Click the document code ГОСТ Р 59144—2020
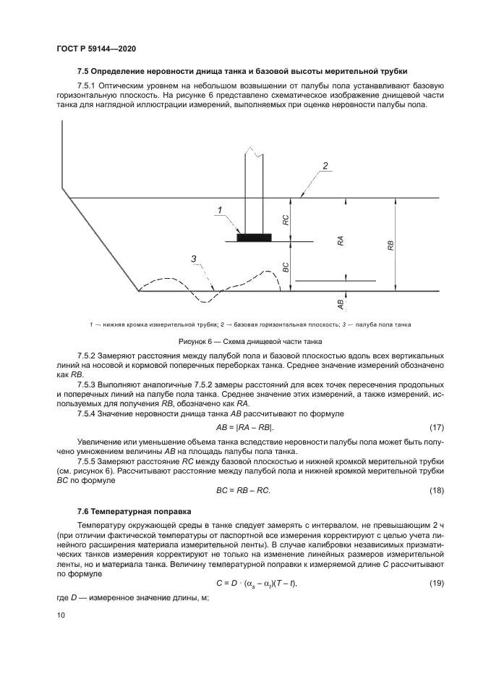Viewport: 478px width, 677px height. pyautogui.click(x=96, y=48)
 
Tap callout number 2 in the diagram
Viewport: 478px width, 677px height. pyautogui.click(x=325, y=167)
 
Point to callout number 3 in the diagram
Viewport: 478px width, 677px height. pyautogui.click(x=194, y=258)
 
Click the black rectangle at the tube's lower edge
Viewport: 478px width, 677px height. pyautogui.click(x=254, y=237)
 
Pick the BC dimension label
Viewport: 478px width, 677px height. pyautogui.click(x=286, y=266)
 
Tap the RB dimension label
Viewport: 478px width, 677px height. pyautogui.click(x=390, y=244)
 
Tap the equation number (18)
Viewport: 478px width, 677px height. pyautogui.click(x=437, y=490)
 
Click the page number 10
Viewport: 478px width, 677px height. pyautogui.click(x=60, y=615)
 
